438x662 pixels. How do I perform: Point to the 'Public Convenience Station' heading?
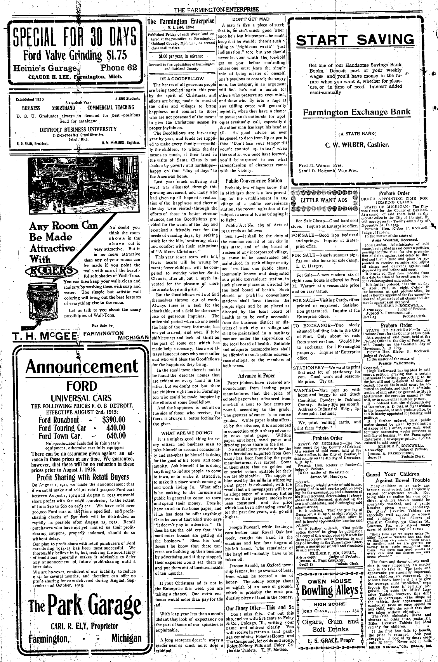[x=254, y=180]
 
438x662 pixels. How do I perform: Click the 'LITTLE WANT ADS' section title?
[x=324, y=200]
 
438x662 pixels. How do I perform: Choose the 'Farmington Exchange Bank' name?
[x=356, y=113]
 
